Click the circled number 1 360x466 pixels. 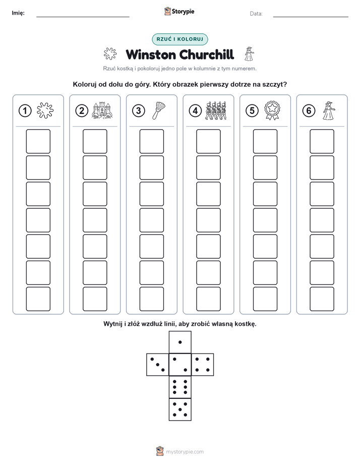25,111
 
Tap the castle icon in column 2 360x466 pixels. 102,110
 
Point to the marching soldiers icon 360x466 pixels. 216,110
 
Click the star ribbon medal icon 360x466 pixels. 272,110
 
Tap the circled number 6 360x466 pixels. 309,111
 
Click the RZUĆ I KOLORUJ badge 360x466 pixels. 179,39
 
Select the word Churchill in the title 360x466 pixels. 207,54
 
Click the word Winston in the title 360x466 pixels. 151,54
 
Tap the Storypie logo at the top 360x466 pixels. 179,11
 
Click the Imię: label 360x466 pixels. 18,13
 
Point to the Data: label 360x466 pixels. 256,14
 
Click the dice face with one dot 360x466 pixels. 180,342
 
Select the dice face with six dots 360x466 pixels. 180,387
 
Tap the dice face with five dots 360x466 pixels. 180,409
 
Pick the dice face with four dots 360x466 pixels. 203,365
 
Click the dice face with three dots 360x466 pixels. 158,365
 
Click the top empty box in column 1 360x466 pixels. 38,141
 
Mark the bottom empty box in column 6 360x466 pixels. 322,299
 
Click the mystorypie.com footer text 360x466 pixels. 185,452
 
